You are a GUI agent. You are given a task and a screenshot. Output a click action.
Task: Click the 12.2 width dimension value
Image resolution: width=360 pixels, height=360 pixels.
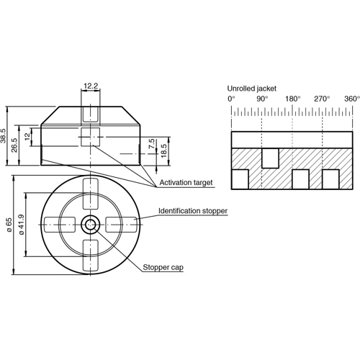click(91, 86)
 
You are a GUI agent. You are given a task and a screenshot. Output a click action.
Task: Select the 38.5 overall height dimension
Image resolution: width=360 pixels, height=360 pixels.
click(4, 135)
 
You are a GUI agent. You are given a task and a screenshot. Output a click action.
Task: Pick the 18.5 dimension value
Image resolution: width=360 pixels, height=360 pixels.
click(164, 150)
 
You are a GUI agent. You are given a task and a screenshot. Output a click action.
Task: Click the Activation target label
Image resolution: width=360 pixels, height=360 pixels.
click(186, 184)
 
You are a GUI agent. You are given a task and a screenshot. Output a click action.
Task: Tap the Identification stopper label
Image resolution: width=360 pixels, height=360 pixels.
click(193, 211)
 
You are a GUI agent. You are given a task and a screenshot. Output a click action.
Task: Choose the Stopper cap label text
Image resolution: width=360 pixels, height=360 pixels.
click(163, 267)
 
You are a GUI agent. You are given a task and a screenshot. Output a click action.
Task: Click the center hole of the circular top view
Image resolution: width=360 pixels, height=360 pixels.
click(91, 224)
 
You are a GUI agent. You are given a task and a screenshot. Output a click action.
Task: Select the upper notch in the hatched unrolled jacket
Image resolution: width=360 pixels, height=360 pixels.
click(269, 156)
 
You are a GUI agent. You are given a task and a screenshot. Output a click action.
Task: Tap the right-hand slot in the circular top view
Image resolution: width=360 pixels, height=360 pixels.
click(124, 224)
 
